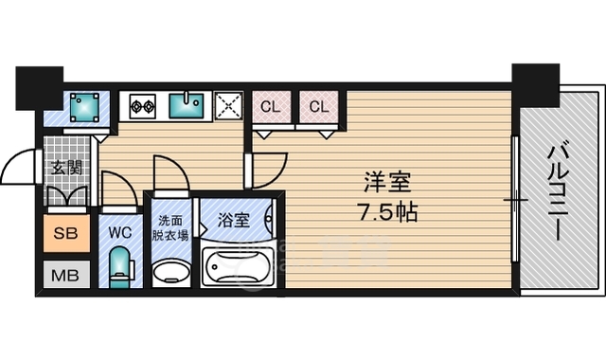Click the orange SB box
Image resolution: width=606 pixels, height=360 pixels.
pos(65,233)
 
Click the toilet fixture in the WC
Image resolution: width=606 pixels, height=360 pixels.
pos(119,267)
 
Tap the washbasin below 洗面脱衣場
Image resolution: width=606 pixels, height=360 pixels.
pos(170,272)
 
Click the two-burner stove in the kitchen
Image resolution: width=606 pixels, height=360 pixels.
pos(143,105)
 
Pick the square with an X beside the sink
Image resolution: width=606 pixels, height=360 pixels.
pos(228,106)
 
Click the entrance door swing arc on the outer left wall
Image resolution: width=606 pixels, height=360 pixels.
pos(19,170)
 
